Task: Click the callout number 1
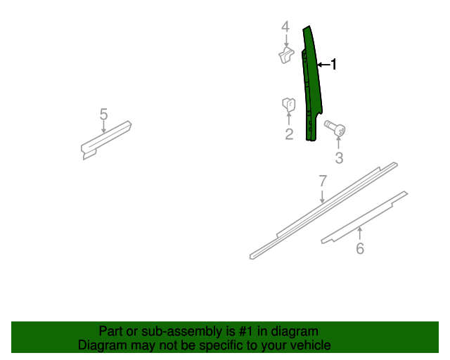point(333,64)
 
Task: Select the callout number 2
point(289,134)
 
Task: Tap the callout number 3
point(339,158)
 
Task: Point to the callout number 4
point(285,27)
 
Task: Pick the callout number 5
point(103,114)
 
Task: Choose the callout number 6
point(360,248)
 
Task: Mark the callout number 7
point(323,181)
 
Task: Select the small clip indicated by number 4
point(286,56)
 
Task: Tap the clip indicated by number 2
point(289,105)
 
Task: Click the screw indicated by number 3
point(335,128)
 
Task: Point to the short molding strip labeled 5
point(105,141)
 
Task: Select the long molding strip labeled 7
point(323,211)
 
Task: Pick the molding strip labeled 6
point(364,217)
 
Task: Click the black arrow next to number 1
point(323,65)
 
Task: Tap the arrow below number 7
point(323,196)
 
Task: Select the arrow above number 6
point(359,233)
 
